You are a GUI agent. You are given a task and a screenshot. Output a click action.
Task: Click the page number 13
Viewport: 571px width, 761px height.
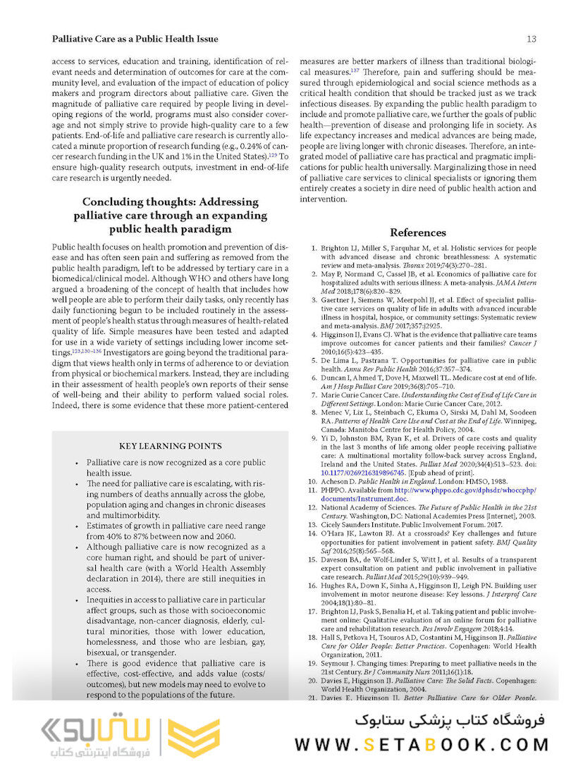point(532,39)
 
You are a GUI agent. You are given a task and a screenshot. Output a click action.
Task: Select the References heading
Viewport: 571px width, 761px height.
point(418,233)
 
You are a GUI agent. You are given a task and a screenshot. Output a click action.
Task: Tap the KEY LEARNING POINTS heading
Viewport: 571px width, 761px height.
point(170,446)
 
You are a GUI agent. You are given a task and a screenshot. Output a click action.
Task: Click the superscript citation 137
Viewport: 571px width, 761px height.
point(355,70)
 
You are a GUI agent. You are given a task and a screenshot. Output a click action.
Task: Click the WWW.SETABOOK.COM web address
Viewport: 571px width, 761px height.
point(421,744)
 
